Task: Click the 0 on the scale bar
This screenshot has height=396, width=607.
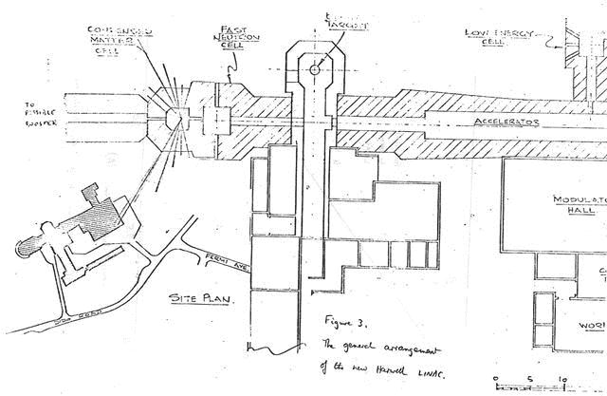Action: (x=497, y=381)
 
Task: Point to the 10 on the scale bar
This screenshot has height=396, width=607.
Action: (x=565, y=381)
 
